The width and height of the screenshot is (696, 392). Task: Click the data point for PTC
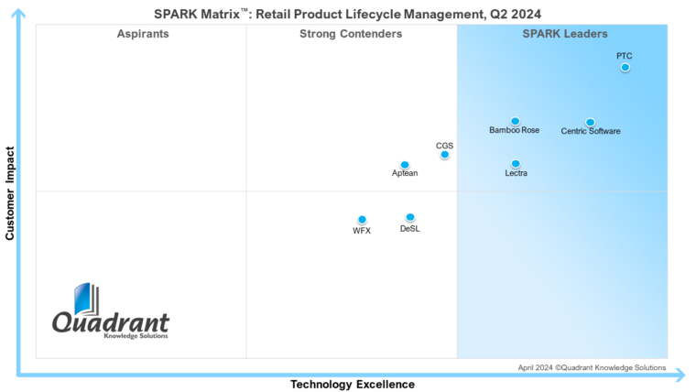[625, 67]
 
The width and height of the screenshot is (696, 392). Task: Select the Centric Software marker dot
[590, 122]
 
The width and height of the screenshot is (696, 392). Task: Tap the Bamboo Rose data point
[515, 121]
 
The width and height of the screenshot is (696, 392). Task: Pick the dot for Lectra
[516, 164]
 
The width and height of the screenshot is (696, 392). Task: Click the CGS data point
[444, 155]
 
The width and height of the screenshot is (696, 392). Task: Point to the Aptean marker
[405, 165]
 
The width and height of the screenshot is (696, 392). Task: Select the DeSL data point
[409, 217]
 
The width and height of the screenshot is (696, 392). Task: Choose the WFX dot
[362, 220]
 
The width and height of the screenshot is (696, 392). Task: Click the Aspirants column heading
[143, 34]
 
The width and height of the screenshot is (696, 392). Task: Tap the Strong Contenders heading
[351, 34]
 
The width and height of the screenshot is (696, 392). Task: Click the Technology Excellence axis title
[353, 385]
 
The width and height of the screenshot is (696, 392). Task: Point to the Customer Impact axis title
[10, 193]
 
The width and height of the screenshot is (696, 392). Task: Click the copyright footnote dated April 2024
[592, 367]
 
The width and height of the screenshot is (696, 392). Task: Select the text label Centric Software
[591, 132]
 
